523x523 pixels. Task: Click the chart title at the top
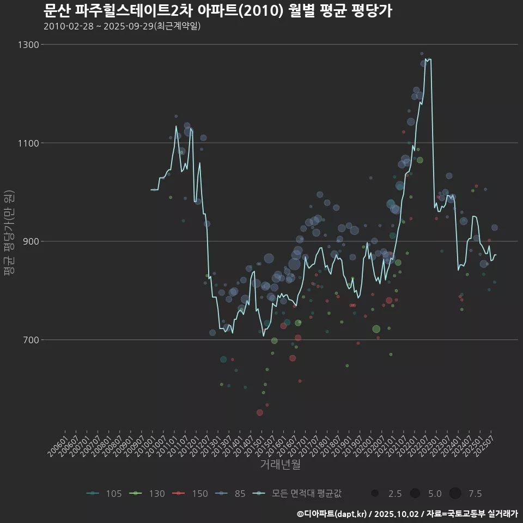[217, 11]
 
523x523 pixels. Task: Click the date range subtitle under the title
[122, 26]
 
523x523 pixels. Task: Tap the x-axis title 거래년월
[280, 464]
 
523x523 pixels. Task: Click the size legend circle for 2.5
[375, 494]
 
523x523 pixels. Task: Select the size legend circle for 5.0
[415, 494]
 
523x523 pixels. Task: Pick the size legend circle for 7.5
[455, 494]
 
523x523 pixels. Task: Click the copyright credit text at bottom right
[407, 514]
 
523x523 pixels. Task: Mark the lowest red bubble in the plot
[260, 412]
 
